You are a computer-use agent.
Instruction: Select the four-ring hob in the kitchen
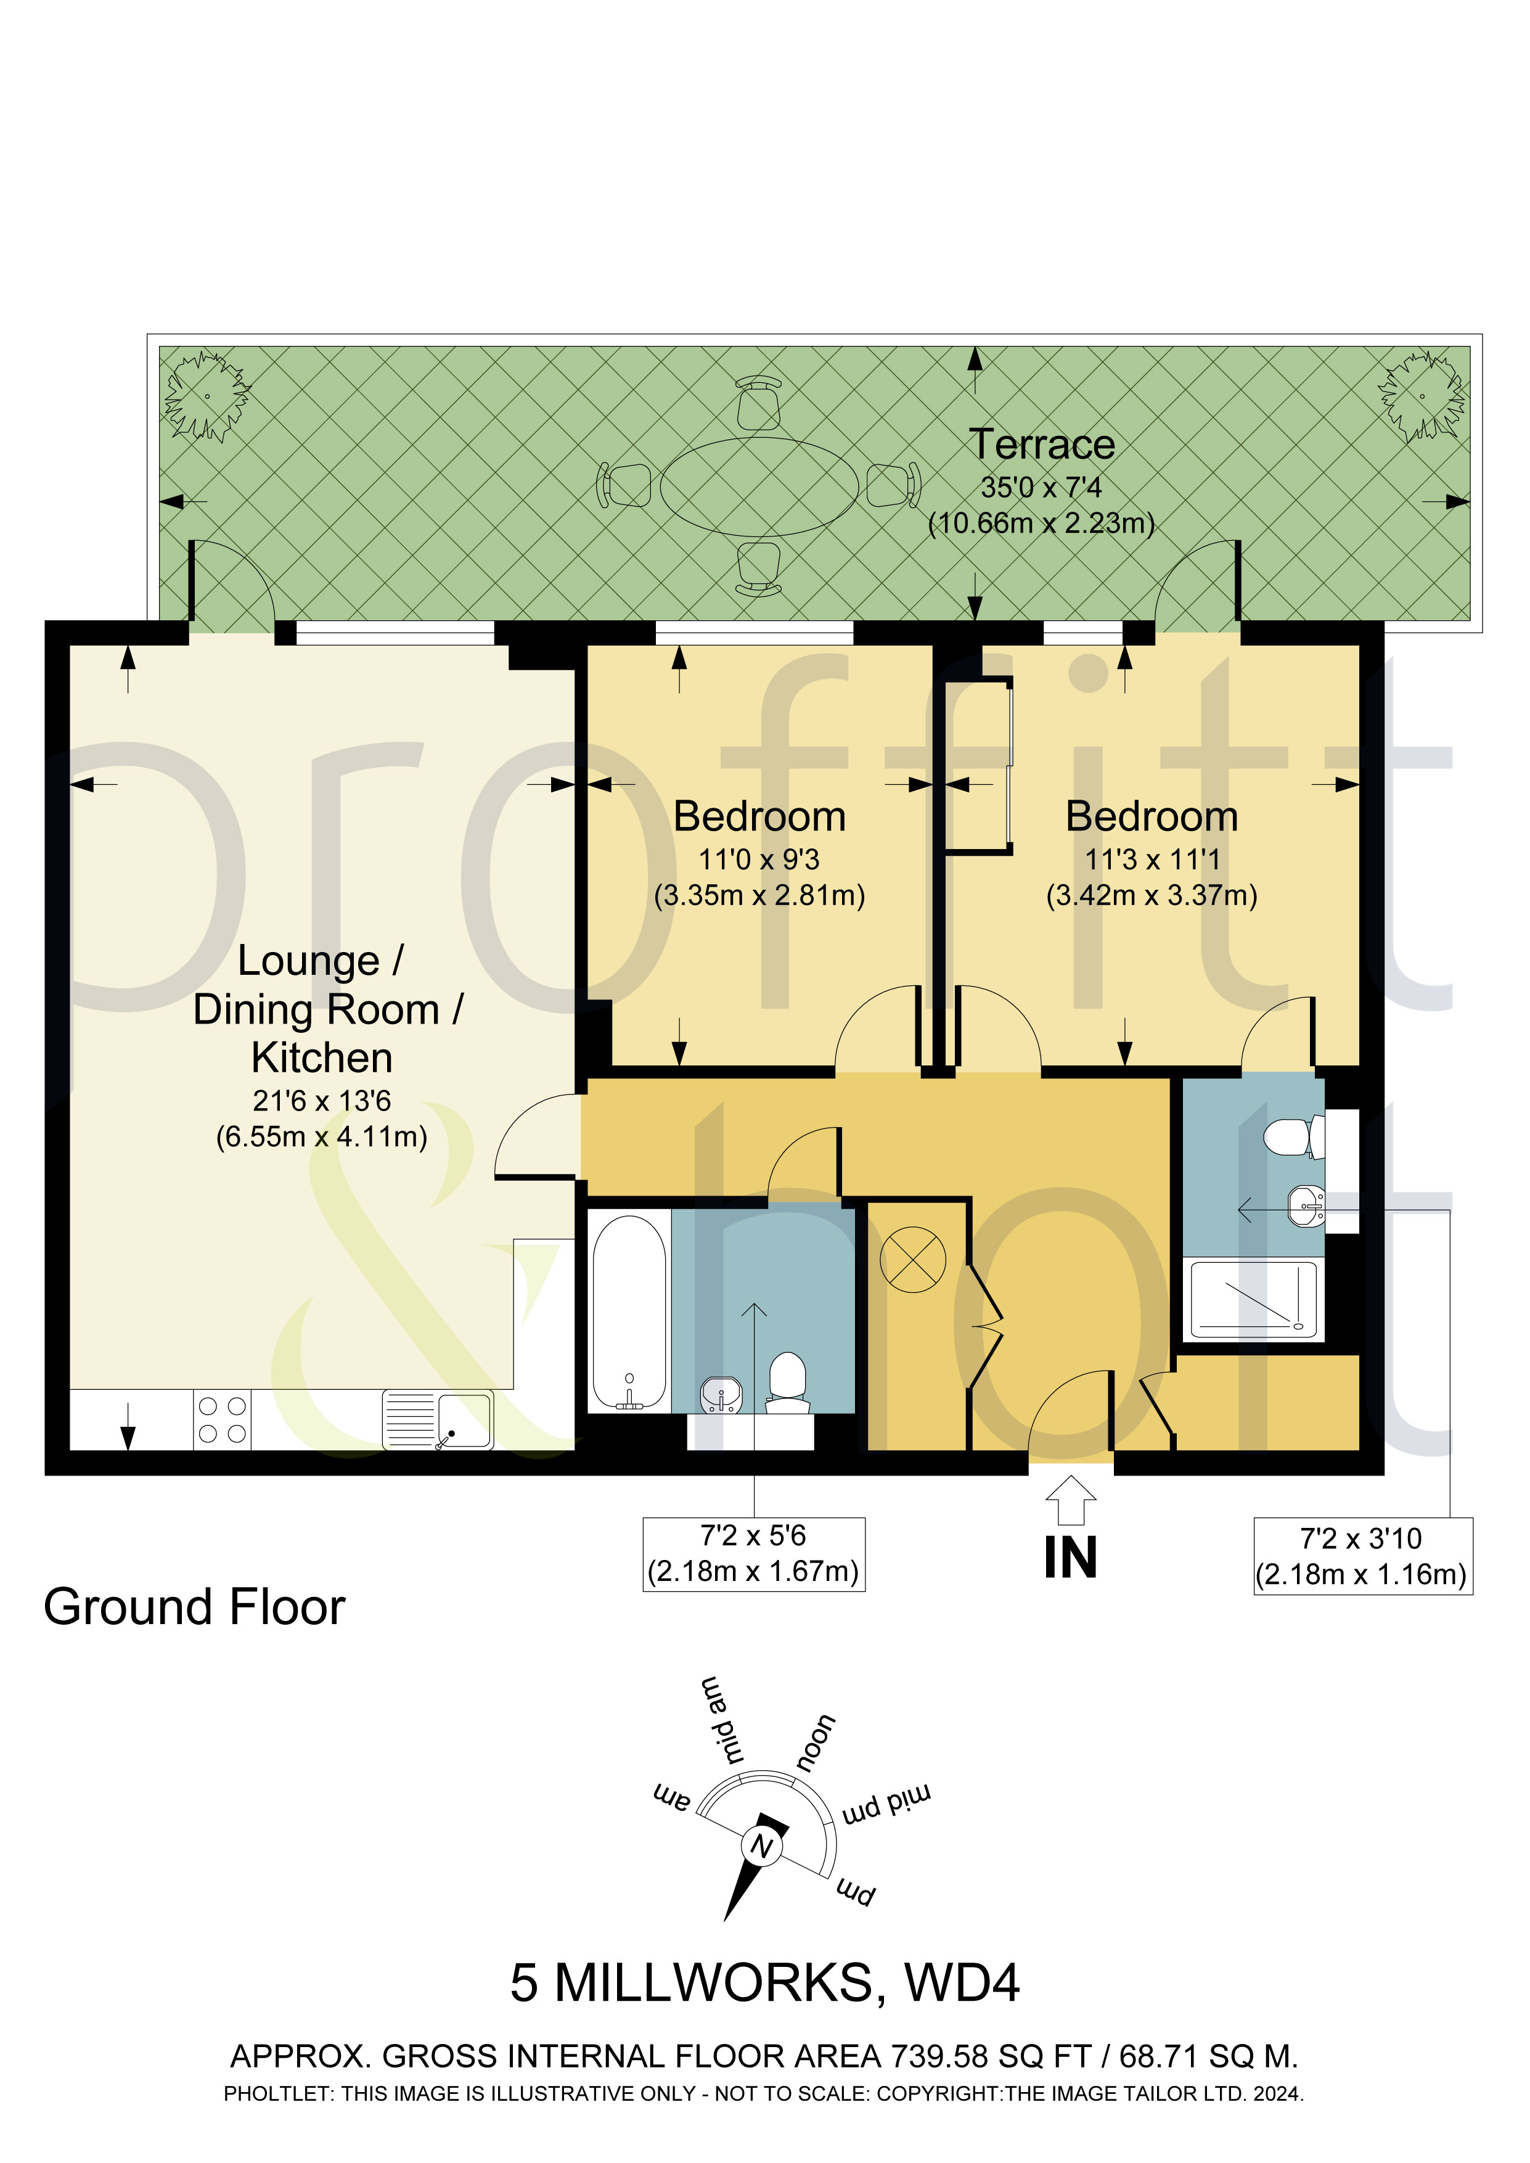coord(223,1420)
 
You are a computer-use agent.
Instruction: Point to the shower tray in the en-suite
coord(1253,1300)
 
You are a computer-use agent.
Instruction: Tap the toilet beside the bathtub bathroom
coord(788,1383)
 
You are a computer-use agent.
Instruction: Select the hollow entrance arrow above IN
coord(1071,1500)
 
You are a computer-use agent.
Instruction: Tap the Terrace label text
coord(1042,445)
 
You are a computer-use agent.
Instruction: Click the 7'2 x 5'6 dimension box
coord(754,1554)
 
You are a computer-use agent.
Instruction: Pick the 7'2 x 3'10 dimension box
coord(1362,1556)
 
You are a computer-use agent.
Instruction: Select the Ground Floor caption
coord(194,1607)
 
